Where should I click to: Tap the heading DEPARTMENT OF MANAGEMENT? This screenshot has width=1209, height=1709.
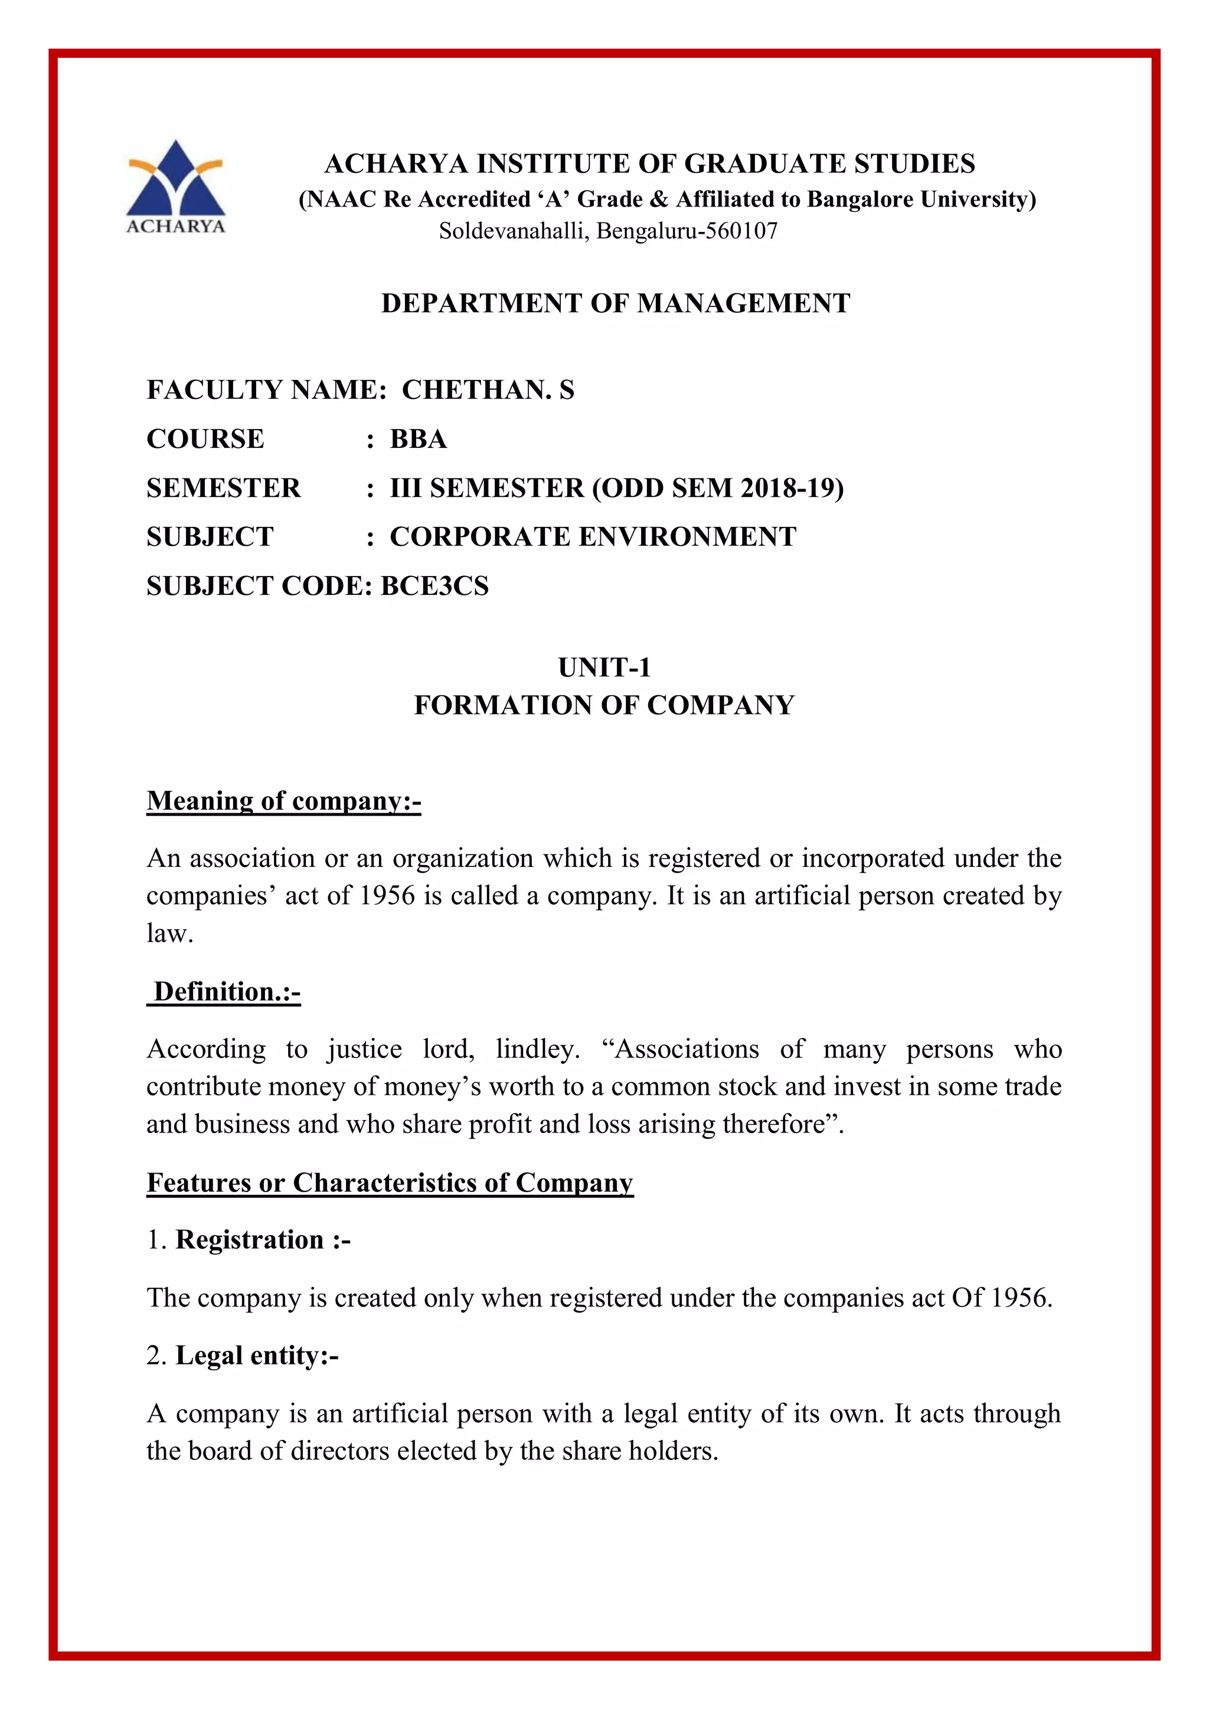coord(615,304)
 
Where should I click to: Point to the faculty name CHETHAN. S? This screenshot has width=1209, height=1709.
coord(488,390)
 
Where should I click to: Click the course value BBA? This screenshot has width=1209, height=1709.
coord(419,439)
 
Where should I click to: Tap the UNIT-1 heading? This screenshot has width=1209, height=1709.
coord(604,667)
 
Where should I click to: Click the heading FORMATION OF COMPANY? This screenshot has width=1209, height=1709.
coord(604,705)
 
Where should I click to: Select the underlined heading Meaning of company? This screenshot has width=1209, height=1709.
coord(283,801)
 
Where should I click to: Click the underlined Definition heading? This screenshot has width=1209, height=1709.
coord(225,992)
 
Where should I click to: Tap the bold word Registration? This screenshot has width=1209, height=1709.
coord(249,1240)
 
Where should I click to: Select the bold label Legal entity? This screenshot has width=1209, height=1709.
coord(251,1356)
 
